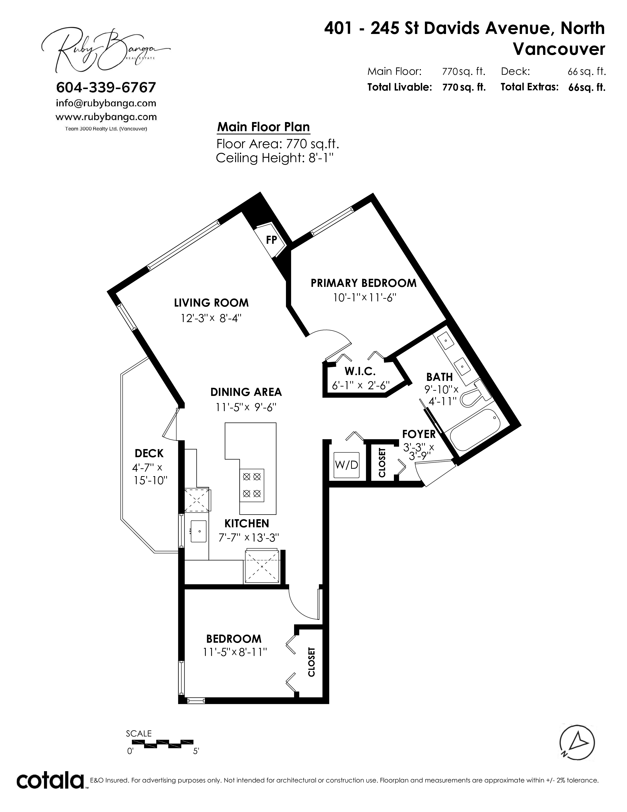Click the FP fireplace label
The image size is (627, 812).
(x=271, y=240)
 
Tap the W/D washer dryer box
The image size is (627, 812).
(x=346, y=465)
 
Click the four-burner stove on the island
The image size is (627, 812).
(x=252, y=485)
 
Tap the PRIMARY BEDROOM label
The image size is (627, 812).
(x=364, y=283)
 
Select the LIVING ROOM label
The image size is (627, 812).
(x=211, y=303)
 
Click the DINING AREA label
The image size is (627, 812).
(x=246, y=392)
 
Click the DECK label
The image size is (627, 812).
(x=149, y=453)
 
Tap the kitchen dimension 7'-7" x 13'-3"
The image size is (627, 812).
(x=249, y=538)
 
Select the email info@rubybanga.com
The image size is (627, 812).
(x=106, y=103)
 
